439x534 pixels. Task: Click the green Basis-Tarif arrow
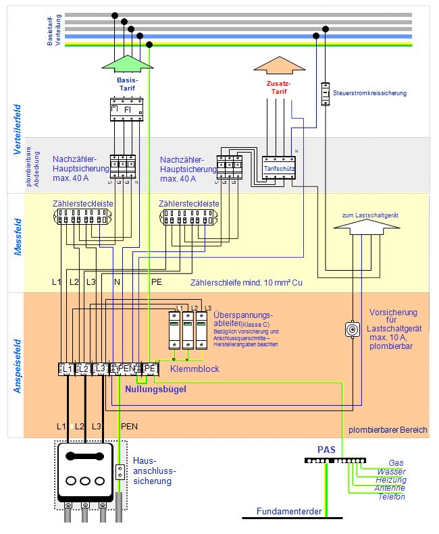point(128,62)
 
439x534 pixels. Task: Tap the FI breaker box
point(128,109)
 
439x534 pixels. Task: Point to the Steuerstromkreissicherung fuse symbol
point(326,92)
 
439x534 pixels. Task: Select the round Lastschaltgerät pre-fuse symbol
point(351,329)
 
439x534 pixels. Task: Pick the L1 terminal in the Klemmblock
point(67,369)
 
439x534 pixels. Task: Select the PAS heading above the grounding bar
point(326,448)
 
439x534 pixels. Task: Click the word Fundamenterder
point(289,511)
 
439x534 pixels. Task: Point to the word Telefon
point(392,497)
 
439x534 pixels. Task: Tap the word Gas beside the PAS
point(396,462)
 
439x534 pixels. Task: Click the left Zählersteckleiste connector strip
point(82,217)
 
